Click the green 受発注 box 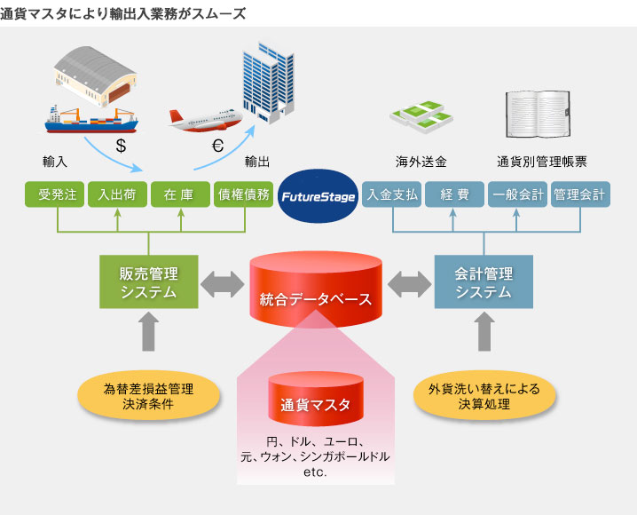[x=55, y=194]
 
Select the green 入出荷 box [x=117, y=194]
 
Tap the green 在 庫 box [x=180, y=194]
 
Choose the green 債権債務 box [x=243, y=194]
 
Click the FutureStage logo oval [x=318, y=194]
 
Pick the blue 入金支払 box [x=391, y=194]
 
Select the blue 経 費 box [x=453, y=194]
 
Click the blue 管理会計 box [x=579, y=194]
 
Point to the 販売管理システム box [x=149, y=282]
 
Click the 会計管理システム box [x=484, y=282]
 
